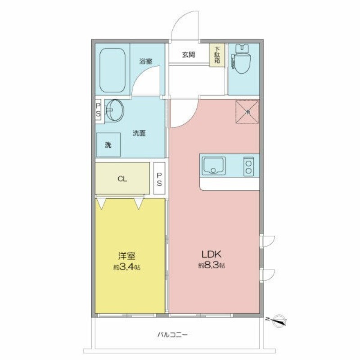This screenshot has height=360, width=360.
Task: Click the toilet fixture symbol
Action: click(241, 58)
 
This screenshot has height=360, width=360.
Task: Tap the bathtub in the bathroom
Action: click(112, 70)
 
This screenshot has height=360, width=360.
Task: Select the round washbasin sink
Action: click(115, 110)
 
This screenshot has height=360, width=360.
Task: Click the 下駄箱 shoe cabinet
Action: click(217, 55)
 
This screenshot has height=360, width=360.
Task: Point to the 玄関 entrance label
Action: click(189, 54)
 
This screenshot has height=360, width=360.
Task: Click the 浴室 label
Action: click(146, 61)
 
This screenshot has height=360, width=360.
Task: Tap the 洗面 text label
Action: click(139, 133)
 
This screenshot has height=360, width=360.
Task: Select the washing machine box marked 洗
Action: click(108, 145)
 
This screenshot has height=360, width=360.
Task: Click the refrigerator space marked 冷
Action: click(247, 112)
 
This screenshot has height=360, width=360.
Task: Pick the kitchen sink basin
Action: click(213, 166)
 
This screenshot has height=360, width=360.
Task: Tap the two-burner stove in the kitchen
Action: click(249, 166)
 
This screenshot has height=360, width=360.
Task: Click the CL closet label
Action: click(122, 179)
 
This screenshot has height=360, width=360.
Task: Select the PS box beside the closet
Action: click(159, 178)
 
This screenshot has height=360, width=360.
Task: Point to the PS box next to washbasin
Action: click(98, 111)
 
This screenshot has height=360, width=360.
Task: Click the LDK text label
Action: click(211, 254)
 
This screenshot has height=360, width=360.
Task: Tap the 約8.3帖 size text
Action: click(211, 265)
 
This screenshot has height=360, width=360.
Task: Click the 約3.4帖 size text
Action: click(127, 267)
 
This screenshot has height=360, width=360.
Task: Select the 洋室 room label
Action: click(127, 256)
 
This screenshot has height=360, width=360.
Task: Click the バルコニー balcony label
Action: click(172, 334)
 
